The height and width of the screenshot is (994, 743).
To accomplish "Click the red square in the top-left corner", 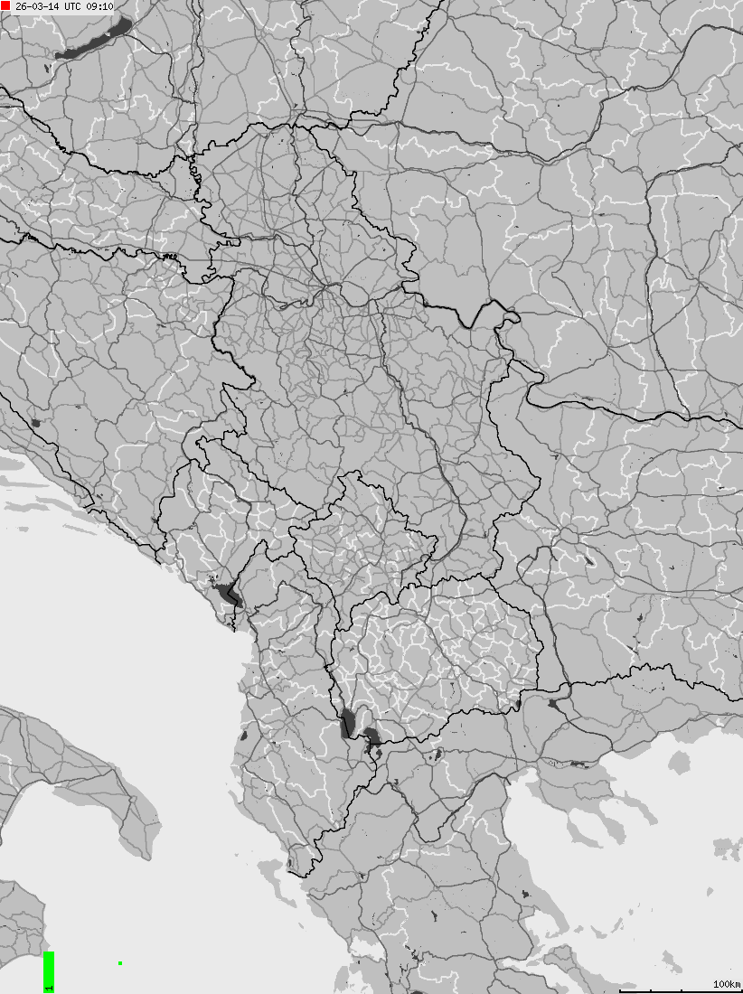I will (5, 5).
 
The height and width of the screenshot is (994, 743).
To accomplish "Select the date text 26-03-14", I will (37, 6).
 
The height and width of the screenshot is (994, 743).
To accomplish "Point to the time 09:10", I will (99, 6).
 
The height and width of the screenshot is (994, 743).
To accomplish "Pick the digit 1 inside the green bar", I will (49, 988).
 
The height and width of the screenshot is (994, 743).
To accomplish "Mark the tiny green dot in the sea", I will (120, 963).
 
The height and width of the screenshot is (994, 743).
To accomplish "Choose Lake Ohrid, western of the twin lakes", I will (347, 723).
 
